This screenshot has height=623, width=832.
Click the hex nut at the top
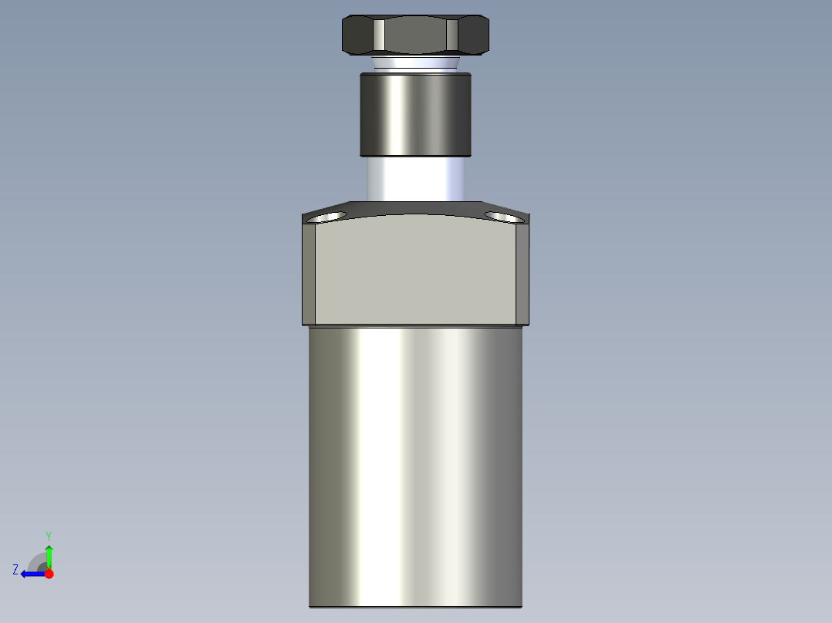pos(415,35)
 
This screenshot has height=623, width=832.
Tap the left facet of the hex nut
pos(358,35)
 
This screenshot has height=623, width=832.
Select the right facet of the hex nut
pos(473,35)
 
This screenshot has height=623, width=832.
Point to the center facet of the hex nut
pos(415,36)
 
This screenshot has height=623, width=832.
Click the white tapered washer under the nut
pos(415,63)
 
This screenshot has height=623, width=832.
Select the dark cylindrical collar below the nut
pos(415,113)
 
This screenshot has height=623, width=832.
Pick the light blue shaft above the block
pos(415,179)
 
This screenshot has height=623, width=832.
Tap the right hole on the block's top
pos(502,216)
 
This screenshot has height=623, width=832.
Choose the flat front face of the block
pos(415,270)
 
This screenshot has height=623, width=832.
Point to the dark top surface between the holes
pos(415,208)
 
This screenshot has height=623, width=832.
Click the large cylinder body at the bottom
pos(415,463)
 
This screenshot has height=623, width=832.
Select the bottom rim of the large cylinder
pos(415,606)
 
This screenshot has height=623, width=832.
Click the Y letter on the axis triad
pos(48,535)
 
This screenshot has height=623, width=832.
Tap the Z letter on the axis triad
pos(15,570)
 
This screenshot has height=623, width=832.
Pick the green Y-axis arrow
pos(49,555)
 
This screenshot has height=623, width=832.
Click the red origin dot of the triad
pos(49,574)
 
